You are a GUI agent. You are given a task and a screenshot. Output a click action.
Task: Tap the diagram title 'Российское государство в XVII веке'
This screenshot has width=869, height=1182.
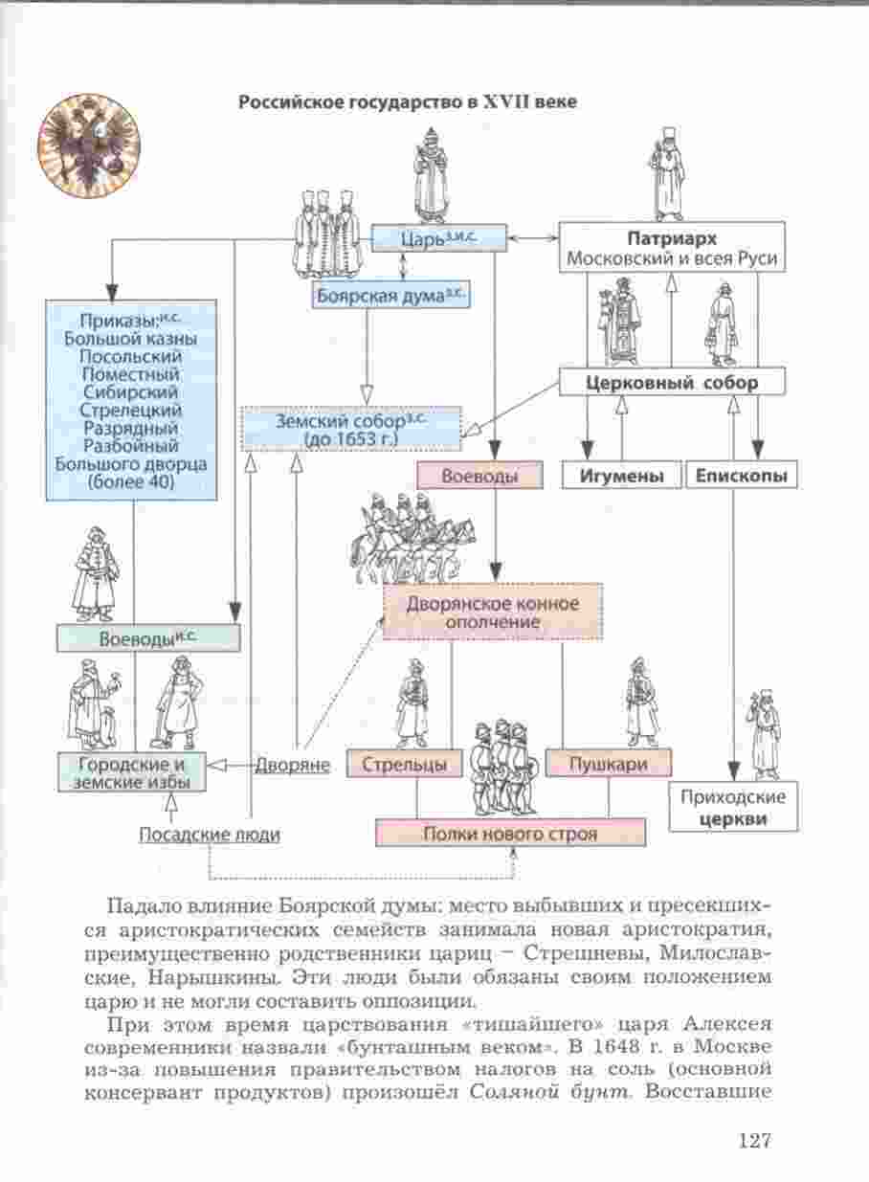coord(408,101)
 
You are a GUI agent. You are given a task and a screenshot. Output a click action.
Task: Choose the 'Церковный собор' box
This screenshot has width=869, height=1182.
coord(672,383)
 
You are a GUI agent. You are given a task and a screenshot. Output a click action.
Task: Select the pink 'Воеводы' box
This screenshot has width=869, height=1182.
coord(479,476)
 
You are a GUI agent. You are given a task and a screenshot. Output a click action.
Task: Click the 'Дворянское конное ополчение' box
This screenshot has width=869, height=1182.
coord(493,613)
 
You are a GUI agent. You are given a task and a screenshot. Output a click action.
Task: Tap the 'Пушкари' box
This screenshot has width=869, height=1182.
coord(609,764)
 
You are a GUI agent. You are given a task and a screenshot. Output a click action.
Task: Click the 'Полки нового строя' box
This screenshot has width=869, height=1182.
coord(510,834)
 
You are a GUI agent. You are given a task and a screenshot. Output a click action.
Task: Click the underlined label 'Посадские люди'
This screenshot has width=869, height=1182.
coord(210,835)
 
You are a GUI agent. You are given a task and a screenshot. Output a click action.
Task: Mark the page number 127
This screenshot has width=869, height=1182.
coord(754,1140)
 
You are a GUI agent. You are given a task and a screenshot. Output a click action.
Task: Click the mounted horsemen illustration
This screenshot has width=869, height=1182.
coord(412,540)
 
